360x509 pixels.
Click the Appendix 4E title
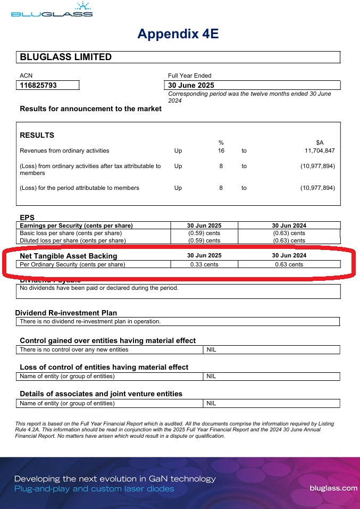coord(178,34)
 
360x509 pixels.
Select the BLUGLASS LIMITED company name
coord(65,57)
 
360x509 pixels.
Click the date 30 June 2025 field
coord(191,85)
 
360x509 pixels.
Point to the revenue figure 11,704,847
coord(317,151)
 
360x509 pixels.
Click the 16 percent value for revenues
coord(221,151)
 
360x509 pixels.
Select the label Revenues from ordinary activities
coord(64,151)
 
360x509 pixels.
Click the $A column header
coord(320,143)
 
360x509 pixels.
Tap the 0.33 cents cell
coord(204,264)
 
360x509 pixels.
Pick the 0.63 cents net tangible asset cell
coord(289,264)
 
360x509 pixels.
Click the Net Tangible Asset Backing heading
coord(68,256)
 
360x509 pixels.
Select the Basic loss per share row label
coord(71,233)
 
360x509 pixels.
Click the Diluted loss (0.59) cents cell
coord(204,240)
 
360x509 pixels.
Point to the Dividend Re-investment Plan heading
coord(66,313)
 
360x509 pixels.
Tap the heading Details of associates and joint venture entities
coord(101,394)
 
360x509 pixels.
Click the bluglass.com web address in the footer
coord(333,487)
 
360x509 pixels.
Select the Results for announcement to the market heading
coord(90,109)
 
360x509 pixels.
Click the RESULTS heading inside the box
coord(37,135)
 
